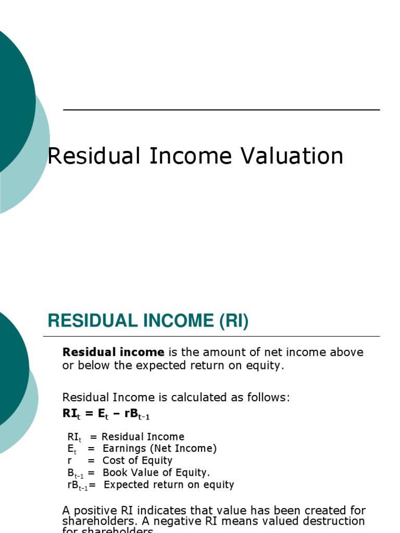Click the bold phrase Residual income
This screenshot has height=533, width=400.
pyautogui.click(x=113, y=352)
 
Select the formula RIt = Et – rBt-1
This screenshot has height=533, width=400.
pyautogui.click(x=106, y=414)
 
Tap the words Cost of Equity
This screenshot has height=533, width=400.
pyautogui.click(x=137, y=461)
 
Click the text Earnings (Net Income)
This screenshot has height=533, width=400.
pyautogui.click(x=159, y=449)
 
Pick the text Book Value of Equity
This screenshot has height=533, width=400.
pyautogui.click(x=156, y=473)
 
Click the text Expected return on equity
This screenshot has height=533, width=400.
pyautogui.click(x=169, y=485)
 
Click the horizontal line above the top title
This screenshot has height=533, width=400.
pyautogui.click(x=221, y=110)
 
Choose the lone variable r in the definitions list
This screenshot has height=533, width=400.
pyautogui.click(x=70, y=461)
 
